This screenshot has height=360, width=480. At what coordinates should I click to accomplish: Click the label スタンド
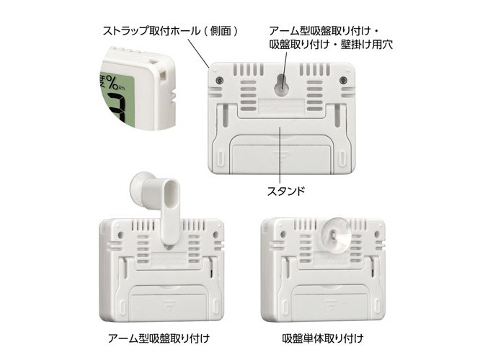coord(286,191)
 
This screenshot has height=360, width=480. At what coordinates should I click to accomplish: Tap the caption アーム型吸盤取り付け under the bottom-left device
coord(159,338)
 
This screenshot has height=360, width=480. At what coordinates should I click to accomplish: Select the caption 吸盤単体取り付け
coord(323,338)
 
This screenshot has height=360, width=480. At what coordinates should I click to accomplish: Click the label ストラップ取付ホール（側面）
coord(170,31)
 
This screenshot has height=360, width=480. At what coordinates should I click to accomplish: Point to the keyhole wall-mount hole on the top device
coord(281,86)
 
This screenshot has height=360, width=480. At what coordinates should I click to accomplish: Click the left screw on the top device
coord(218,81)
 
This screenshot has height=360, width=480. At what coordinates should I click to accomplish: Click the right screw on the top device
coord(343,80)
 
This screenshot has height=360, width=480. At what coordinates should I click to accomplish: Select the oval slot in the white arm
coord(173,196)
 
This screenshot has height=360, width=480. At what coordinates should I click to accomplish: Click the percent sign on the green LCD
coord(112,83)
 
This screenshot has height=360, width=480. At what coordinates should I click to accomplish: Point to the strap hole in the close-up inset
coord(164,75)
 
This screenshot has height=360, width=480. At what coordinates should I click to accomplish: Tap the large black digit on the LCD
coord(115,110)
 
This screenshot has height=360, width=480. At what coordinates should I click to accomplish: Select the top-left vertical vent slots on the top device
coord(248,69)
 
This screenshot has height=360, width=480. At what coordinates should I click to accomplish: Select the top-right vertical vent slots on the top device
coord(315,69)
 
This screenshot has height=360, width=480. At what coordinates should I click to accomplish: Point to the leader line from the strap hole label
coord(198,53)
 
